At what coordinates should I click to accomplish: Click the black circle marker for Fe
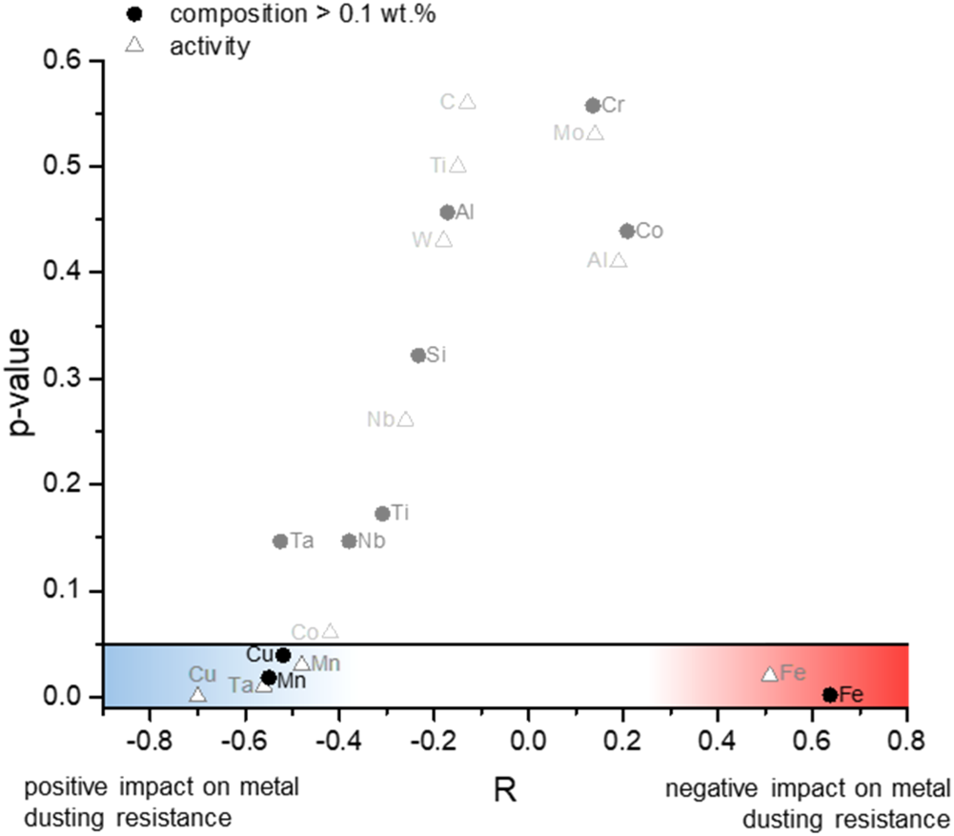pos(829,695)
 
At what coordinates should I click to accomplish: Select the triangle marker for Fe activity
pos(769,674)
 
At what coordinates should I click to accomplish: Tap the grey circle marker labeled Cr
pos(592,105)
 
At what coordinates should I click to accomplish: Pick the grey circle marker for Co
pos(626,231)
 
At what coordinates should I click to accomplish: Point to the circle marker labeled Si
pos(417,356)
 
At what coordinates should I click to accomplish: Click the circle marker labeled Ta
pos(280,541)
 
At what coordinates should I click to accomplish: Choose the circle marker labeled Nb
pos(349,541)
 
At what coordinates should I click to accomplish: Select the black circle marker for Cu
pos(283,655)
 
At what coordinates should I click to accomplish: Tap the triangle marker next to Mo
pos(595,133)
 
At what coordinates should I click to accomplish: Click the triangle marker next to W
pos(443,239)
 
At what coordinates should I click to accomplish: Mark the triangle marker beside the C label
pos(467,101)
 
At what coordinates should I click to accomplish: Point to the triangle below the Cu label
pos(197,694)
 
